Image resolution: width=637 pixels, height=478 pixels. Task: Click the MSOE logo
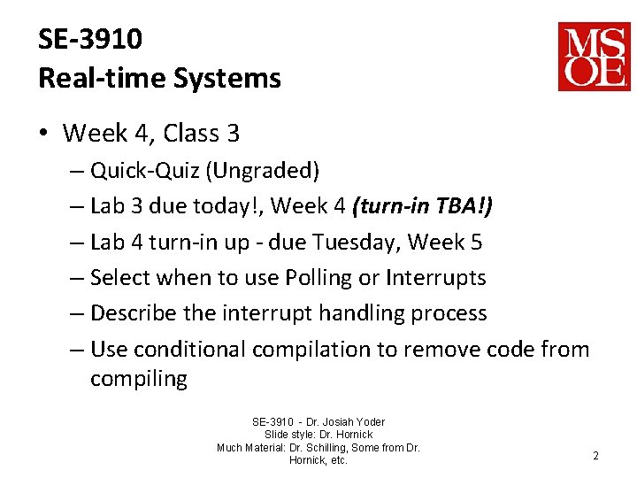click(594, 57)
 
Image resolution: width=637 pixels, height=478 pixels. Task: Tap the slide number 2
click(595, 456)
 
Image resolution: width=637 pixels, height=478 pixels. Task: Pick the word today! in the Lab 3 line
click(232, 206)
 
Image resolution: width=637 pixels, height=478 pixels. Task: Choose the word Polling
click(318, 278)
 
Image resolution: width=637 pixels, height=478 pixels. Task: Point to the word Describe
click(130, 313)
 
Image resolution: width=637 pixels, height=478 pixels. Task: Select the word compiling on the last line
click(139, 380)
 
